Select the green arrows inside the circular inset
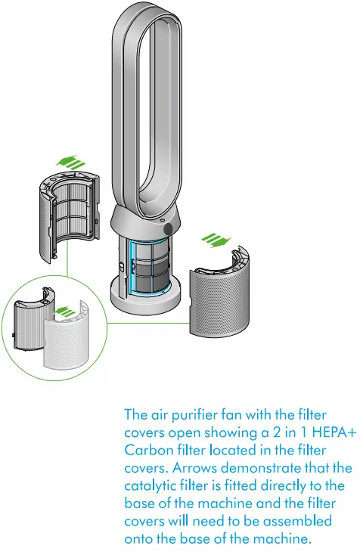pyautogui.click(x=68, y=310)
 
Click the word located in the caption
pyautogui.click(x=233, y=448)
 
